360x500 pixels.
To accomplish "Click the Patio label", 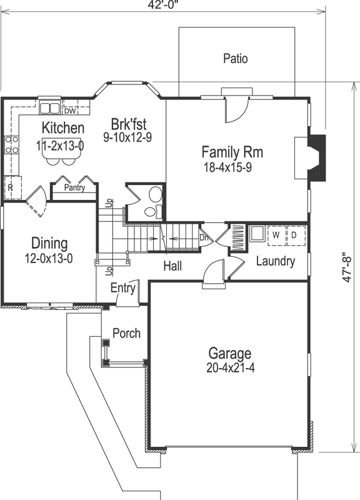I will (x=235, y=59).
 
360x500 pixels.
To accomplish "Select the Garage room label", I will (x=230, y=353).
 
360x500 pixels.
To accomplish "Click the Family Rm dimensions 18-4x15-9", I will (x=232, y=167).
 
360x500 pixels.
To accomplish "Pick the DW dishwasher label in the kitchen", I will (x=70, y=112).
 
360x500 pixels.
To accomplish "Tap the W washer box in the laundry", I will (x=274, y=235).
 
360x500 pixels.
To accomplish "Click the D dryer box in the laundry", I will (x=293, y=235).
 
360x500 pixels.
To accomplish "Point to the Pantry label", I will (x=74, y=187).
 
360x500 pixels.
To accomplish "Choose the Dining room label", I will (x=49, y=243).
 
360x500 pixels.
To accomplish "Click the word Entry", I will (x=122, y=287).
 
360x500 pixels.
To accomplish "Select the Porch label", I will (x=126, y=333).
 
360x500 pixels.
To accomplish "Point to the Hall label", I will (x=172, y=266).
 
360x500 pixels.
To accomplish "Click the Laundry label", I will (x=275, y=261).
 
